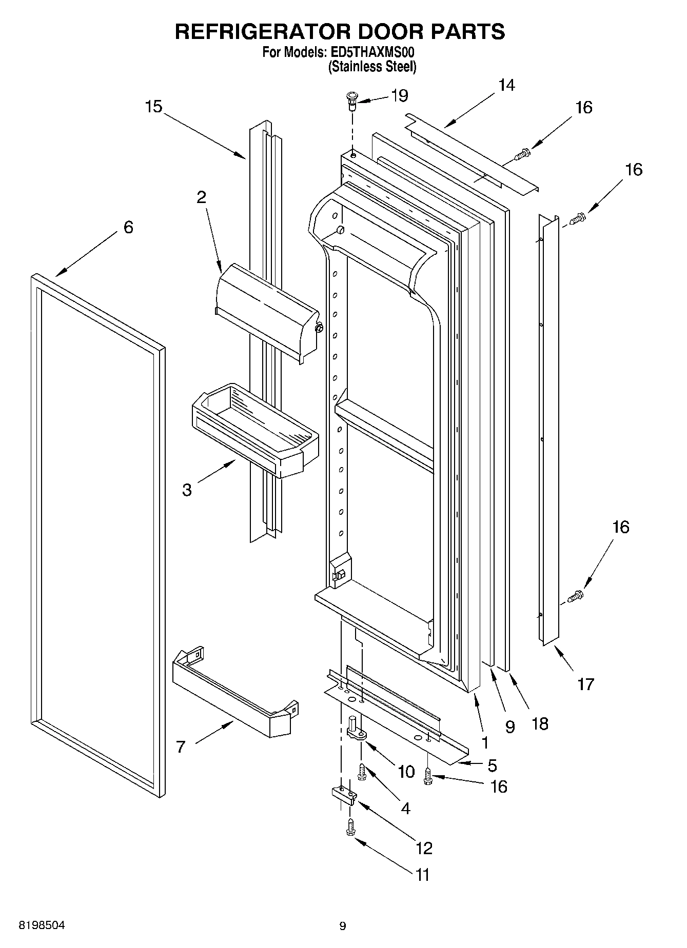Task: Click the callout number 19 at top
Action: pos(399,95)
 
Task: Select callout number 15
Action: pos(153,107)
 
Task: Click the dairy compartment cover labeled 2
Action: pos(265,313)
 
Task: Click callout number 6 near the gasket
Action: pos(128,227)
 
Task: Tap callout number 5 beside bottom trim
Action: pos(492,765)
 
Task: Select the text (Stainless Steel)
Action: pos(372,67)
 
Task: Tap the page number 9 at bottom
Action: pos(343,926)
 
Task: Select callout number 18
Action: pos(540,723)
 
